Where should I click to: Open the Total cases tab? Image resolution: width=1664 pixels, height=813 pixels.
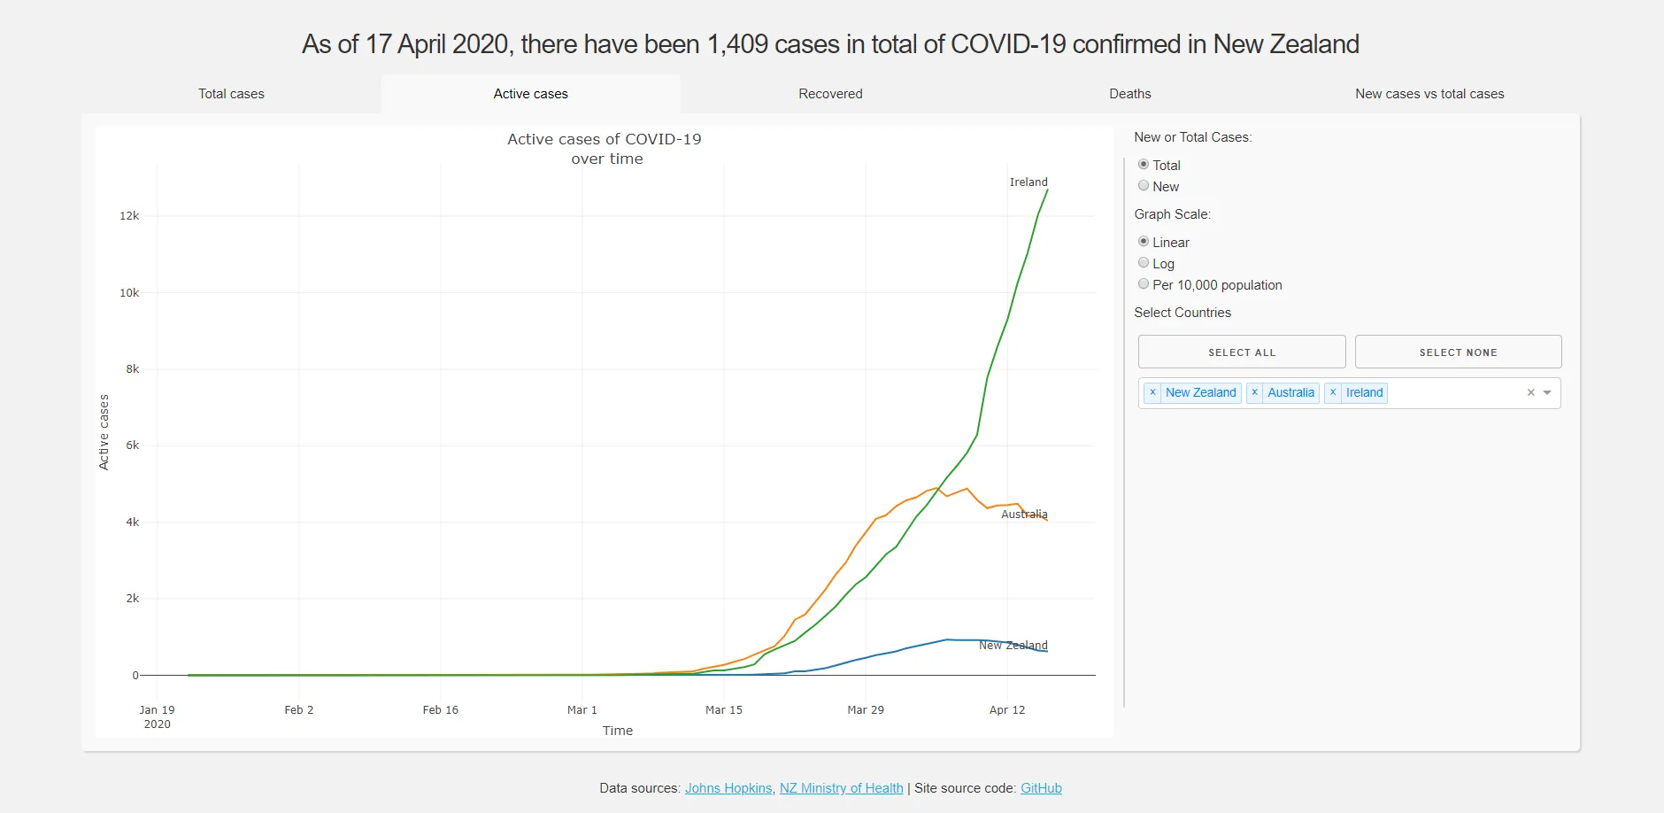click(231, 94)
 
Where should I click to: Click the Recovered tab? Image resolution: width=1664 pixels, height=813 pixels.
click(830, 94)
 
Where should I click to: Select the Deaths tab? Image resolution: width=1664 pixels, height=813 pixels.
click(1129, 94)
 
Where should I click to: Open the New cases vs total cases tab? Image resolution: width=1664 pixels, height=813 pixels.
click(1429, 94)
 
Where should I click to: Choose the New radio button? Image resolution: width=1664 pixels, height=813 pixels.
click(1144, 186)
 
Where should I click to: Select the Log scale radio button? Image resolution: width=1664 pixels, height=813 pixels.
click(1144, 263)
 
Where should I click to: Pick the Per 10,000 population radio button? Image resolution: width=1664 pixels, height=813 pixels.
click(1144, 284)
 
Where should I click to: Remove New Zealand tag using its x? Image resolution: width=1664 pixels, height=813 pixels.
click(1152, 392)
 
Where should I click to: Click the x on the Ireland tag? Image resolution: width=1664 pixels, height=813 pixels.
click(1333, 392)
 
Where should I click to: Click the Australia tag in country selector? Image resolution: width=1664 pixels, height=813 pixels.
click(1290, 392)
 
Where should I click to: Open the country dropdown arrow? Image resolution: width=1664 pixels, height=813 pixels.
click(1547, 392)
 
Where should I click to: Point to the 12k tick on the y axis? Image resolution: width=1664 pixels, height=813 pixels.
click(129, 216)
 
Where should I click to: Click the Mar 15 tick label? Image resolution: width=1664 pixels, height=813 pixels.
click(723, 710)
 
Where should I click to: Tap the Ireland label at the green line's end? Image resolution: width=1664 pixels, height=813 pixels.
click(1028, 182)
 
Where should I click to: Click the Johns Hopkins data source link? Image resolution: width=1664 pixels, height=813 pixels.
click(728, 788)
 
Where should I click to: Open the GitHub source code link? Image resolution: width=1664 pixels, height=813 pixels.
click(1041, 788)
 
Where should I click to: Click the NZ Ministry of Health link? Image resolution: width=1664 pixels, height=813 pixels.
click(841, 788)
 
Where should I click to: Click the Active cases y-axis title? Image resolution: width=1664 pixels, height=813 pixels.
click(104, 432)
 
